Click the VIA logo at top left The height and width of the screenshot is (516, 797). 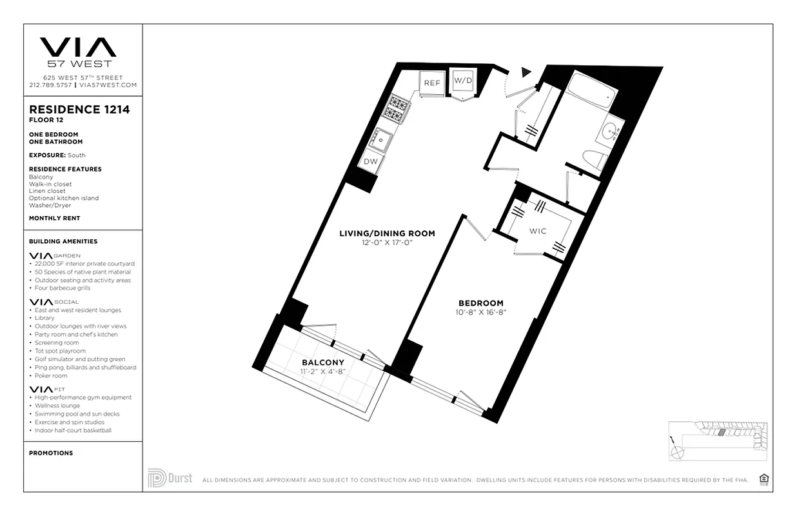point(78,48)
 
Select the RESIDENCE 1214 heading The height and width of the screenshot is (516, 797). point(79,110)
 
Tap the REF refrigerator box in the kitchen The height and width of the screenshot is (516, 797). point(431,83)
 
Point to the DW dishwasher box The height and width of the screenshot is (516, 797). point(370,162)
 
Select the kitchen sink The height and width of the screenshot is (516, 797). point(380,137)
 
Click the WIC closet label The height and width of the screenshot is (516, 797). point(538,231)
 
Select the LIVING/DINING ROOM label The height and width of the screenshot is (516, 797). point(387,233)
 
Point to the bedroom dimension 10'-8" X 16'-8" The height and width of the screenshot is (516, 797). point(480,312)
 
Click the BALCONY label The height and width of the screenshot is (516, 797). point(322,362)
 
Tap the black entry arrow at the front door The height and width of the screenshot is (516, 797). point(526,72)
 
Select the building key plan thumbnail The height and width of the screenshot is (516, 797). point(717,441)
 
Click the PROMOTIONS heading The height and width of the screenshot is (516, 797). point(51,453)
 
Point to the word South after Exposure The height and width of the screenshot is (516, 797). point(76,155)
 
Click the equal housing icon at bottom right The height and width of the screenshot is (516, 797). point(765,479)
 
